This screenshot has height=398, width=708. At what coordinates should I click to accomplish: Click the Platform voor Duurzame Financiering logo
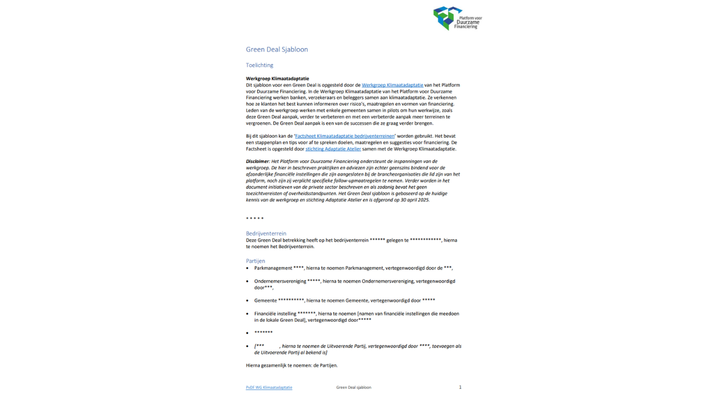pos(456,18)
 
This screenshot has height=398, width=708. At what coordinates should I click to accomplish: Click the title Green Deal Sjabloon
pos(277,49)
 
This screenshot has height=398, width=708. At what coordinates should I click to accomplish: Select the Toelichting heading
pos(259,65)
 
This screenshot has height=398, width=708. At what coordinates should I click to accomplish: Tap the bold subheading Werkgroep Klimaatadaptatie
pos(277,78)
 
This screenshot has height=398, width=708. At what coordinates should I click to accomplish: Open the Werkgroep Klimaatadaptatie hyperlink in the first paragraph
pos(392,85)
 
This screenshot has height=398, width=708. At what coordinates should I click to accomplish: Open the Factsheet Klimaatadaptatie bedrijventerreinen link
pos(345,136)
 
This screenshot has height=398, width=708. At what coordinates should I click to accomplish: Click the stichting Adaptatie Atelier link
pos(333,149)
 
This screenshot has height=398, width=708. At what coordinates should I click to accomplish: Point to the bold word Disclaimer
pos(257,161)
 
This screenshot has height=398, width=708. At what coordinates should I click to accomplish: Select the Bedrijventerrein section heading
pos(266,233)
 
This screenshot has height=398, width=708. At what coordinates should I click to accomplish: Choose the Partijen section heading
pos(256,261)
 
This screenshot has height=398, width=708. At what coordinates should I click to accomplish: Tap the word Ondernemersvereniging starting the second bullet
pos(280,281)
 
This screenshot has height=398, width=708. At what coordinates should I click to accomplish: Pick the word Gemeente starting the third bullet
pos(265,300)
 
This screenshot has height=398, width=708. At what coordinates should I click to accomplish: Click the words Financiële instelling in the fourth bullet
pos(275,313)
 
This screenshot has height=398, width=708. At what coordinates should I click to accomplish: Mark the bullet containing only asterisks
pos(263,333)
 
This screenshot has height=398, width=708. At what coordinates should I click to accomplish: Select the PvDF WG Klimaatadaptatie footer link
pos(269,387)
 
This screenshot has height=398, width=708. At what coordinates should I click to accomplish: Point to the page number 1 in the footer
pos(460,387)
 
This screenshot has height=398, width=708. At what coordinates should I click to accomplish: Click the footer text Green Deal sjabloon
pos(353,387)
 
